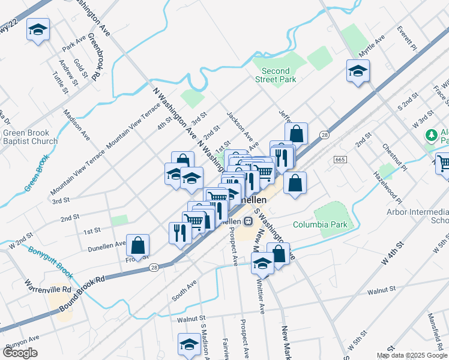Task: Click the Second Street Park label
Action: [x=276, y=75]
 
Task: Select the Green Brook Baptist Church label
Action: [x=30, y=137]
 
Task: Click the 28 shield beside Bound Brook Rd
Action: [x=155, y=268]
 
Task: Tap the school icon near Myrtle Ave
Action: [x=358, y=73]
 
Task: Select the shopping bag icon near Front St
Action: [x=138, y=245]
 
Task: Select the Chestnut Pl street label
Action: [x=394, y=157]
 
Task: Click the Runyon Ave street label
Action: [x=23, y=342]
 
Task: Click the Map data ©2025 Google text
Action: [x=411, y=355]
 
